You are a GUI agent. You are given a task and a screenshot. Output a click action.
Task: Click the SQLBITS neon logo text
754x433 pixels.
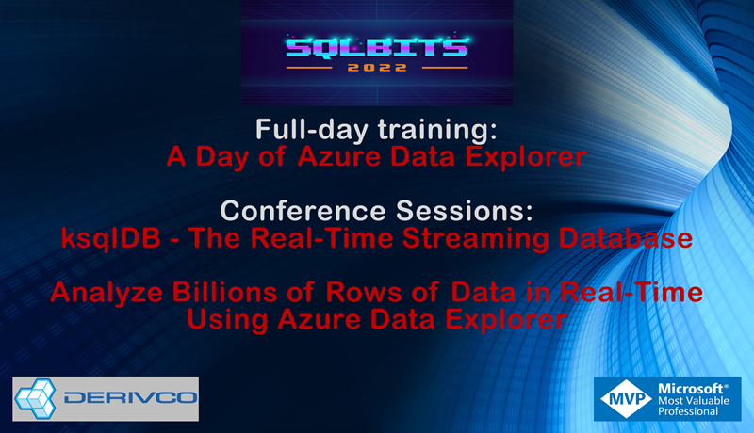pos(377,47)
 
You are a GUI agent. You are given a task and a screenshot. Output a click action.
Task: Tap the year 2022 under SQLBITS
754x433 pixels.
pos(377,68)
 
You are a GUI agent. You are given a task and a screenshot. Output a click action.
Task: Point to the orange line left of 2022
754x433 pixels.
pos(309,68)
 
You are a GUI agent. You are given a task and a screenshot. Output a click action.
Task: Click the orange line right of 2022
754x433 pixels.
pos(445,68)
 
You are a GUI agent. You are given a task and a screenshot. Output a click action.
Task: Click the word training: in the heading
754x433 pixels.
pos(437,130)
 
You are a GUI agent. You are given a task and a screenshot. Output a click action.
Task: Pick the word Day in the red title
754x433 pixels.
pos(221,157)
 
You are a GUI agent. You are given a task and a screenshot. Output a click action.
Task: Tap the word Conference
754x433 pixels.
pos(303,210)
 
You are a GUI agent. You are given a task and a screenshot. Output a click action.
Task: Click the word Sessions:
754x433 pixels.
pos(465,210)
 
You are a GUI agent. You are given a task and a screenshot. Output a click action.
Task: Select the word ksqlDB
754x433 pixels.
pos(111,238)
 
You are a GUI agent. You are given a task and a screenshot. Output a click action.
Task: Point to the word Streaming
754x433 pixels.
pos(475,238)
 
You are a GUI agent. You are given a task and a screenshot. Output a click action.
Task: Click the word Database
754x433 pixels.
pos(625,238)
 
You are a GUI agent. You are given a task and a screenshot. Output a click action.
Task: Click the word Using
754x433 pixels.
pos(227,320)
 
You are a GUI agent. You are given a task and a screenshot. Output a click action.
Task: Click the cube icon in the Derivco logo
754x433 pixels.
pos(36,398)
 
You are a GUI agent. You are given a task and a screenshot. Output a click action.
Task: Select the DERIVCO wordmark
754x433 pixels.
pos(130,398)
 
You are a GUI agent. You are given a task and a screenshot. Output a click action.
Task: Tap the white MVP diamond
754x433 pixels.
pos(626,398)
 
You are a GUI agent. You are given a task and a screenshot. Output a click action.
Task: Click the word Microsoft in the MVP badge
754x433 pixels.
pos(693,389)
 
